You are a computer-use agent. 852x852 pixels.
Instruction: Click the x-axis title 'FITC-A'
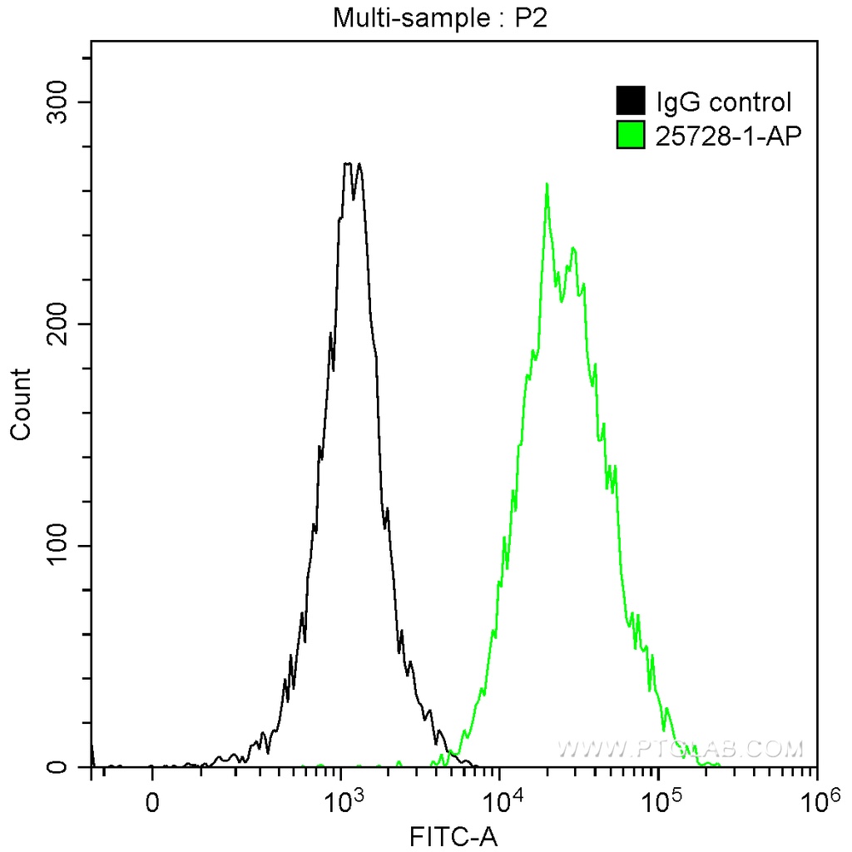point(453,835)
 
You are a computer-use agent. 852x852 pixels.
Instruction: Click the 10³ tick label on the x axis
point(341,800)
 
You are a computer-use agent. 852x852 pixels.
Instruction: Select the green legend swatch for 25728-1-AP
point(631,134)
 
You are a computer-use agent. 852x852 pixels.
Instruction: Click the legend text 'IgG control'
point(723,102)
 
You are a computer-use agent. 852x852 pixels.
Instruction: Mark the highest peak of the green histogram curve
point(547,184)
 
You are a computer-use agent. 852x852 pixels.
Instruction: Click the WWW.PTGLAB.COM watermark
point(681,748)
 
